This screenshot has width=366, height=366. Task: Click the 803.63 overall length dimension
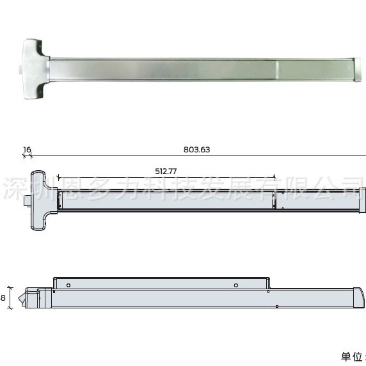tap(196, 150)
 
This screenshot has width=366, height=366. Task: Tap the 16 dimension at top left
tap(27, 150)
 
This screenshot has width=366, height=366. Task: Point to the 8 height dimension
tap(4, 298)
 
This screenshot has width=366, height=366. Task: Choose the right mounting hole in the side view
tap(236, 285)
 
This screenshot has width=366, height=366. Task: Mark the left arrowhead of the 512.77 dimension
tap(58, 177)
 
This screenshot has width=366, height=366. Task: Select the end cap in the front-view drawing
tap(362, 201)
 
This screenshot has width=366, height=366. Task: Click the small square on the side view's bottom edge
tap(276, 307)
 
